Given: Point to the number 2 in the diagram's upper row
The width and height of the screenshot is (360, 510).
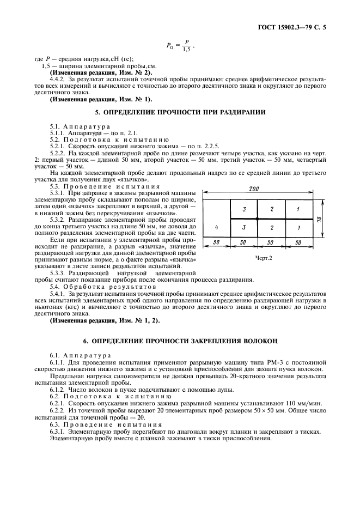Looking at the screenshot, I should click(x=271, y=209).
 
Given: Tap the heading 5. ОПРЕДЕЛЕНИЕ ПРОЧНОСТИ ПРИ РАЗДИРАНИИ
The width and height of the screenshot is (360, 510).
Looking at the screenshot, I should click(x=180, y=113).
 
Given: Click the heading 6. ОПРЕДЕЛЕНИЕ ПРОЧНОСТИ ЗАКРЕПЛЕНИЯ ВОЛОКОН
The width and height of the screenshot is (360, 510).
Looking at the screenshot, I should click(x=180, y=341).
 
